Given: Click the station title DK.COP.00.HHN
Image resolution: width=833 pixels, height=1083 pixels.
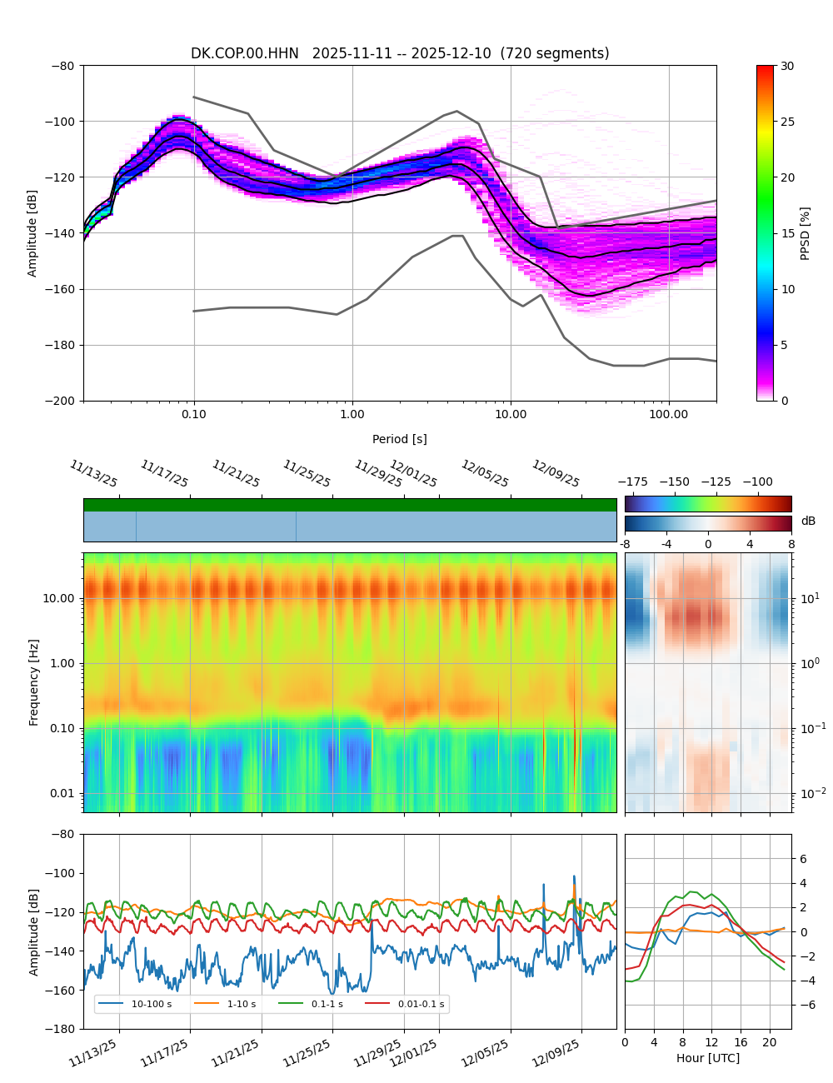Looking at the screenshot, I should (x=245, y=53).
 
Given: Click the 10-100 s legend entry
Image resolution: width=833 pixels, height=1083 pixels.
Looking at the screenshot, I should (x=151, y=1004).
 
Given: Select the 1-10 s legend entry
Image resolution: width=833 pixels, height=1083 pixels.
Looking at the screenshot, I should (x=242, y=1004).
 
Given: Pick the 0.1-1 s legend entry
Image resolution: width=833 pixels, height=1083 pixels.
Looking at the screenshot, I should (x=327, y=1004).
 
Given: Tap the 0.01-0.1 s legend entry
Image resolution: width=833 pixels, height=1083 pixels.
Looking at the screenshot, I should (x=421, y=1004).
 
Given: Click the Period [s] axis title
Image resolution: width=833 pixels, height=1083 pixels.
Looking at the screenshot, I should (x=400, y=439).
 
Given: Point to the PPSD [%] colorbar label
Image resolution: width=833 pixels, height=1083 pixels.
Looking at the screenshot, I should (x=806, y=233).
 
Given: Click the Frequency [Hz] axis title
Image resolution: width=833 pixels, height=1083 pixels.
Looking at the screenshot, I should (x=34, y=681).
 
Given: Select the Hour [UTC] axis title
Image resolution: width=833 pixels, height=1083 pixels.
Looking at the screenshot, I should (x=708, y=1058).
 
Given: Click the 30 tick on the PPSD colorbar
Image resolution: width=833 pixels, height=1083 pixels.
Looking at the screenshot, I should (x=787, y=66).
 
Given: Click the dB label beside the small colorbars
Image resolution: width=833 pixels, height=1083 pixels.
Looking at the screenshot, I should (x=808, y=522).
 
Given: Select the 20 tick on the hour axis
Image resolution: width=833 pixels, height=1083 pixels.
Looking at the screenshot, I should (x=770, y=1042).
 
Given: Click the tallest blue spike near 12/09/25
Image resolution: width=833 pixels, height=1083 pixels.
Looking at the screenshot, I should (x=574, y=876).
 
